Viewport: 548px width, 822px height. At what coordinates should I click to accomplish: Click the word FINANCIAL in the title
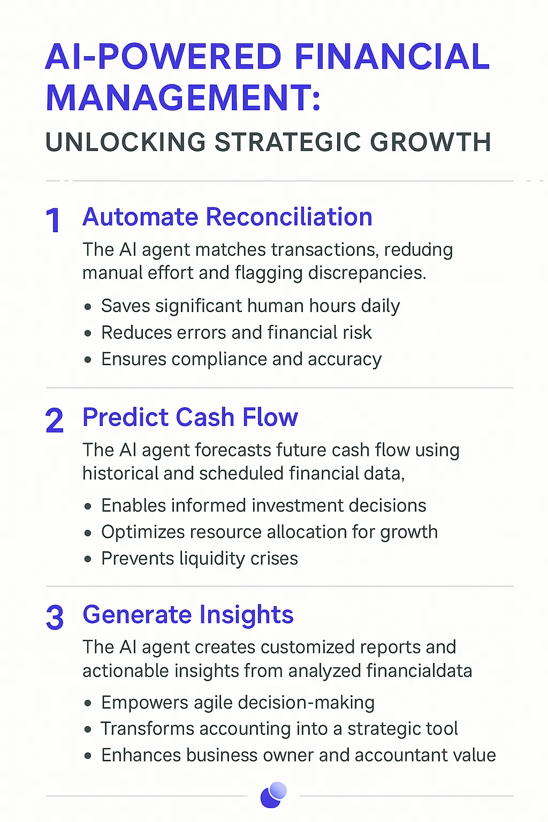click(x=392, y=57)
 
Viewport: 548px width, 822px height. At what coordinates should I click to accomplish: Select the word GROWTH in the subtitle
click(x=430, y=142)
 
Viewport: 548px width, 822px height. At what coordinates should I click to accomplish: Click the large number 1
click(x=54, y=220)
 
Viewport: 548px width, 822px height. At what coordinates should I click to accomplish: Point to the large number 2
click(x=55, y=420)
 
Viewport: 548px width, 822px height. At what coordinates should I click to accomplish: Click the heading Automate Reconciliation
click(x=227, y=217)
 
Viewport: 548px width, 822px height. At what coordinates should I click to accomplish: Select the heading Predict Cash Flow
click(x=190, y=417)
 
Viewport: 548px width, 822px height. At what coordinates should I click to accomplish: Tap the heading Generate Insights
click(x=188, y=614)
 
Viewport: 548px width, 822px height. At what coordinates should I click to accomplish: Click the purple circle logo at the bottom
click(x=273, y=795)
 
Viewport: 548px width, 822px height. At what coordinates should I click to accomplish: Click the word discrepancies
click(x=367, y=273)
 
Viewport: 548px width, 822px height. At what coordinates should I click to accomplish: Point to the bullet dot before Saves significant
click(x=87, y=307)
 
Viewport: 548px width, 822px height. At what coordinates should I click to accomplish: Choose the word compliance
click(x=219, y=359)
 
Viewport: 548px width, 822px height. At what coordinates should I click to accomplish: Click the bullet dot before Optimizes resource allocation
click(x=87, y=533)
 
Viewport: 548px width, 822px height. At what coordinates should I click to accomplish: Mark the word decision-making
click(x=306, y=703)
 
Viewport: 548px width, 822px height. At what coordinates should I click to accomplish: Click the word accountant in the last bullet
click(x=399, y=756)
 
